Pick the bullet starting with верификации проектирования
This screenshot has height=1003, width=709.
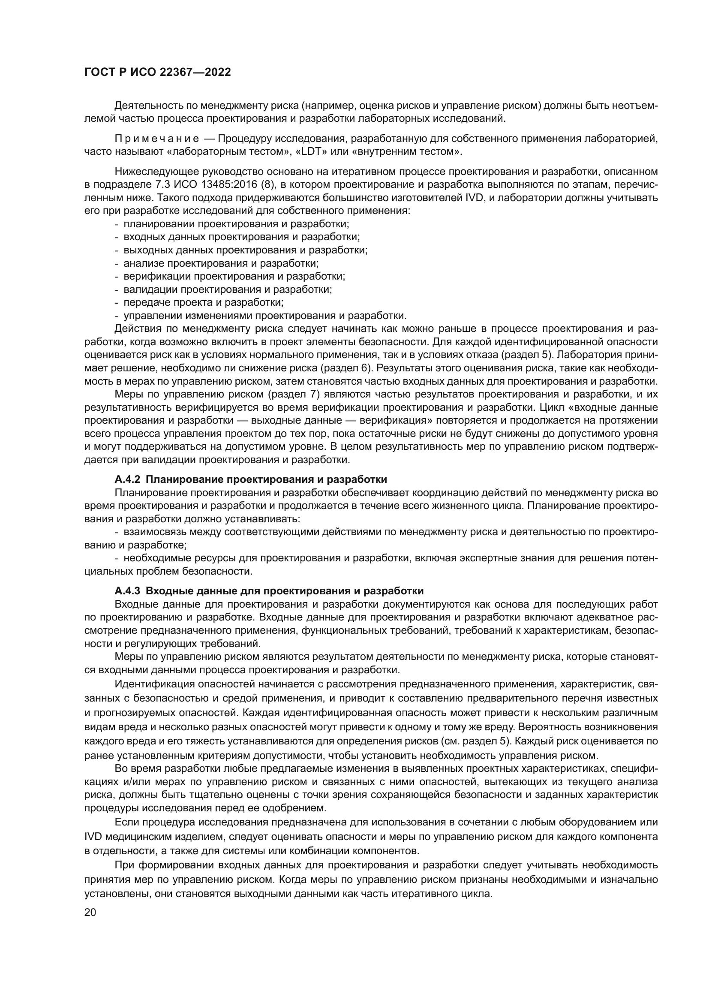click(x=234, y=276)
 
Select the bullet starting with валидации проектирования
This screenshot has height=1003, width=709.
click(x=228, y=289)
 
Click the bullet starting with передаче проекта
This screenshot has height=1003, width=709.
click(x=204, y=302)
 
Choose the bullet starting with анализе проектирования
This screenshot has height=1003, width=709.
click(x=221, y=263)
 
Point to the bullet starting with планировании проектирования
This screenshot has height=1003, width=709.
click(x=236, y=224)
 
